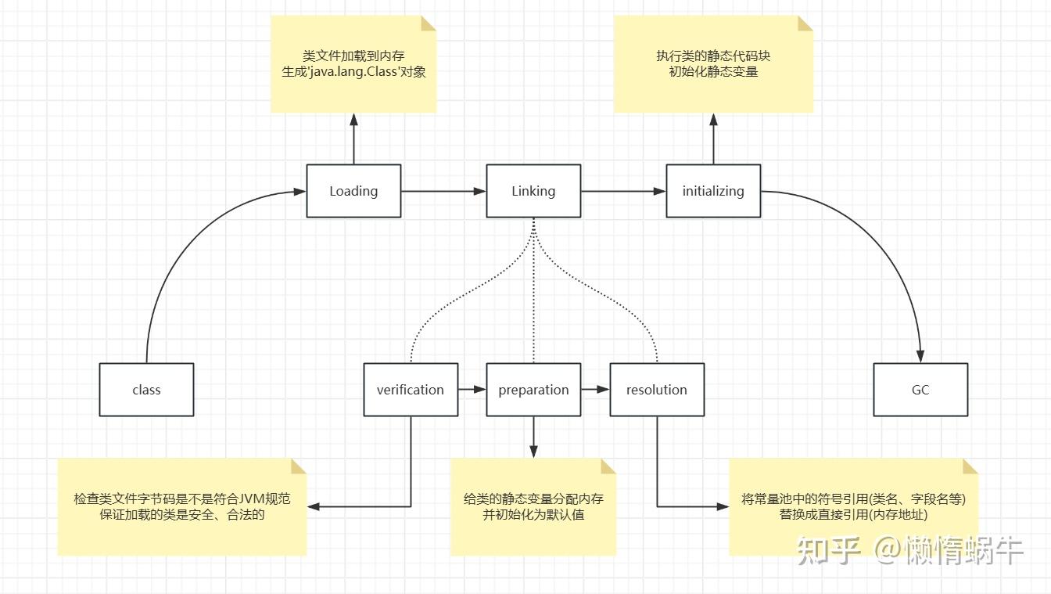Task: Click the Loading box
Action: [x=353, y=191]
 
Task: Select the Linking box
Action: [x=533, y=191]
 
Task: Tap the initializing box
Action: [x=713, y=191]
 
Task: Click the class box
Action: [x=146, y=390]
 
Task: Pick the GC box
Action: [x=920, y=390]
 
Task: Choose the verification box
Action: [x=411, y=390]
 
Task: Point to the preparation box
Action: [x=533, y=390]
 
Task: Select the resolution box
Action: [x=657, y=390]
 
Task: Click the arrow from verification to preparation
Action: [x=472, y=389]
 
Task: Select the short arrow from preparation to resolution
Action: [x=595, y=389]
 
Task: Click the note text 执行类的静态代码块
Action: [x=713, y=56]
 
